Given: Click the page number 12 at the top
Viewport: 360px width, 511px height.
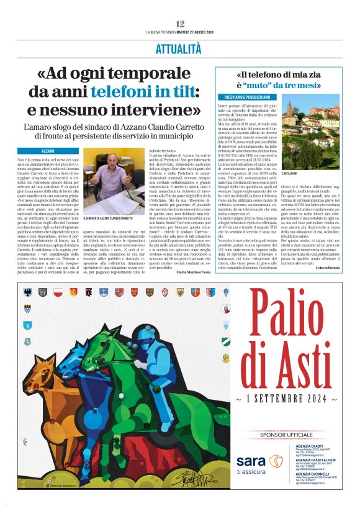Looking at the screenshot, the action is pos(180,23).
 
